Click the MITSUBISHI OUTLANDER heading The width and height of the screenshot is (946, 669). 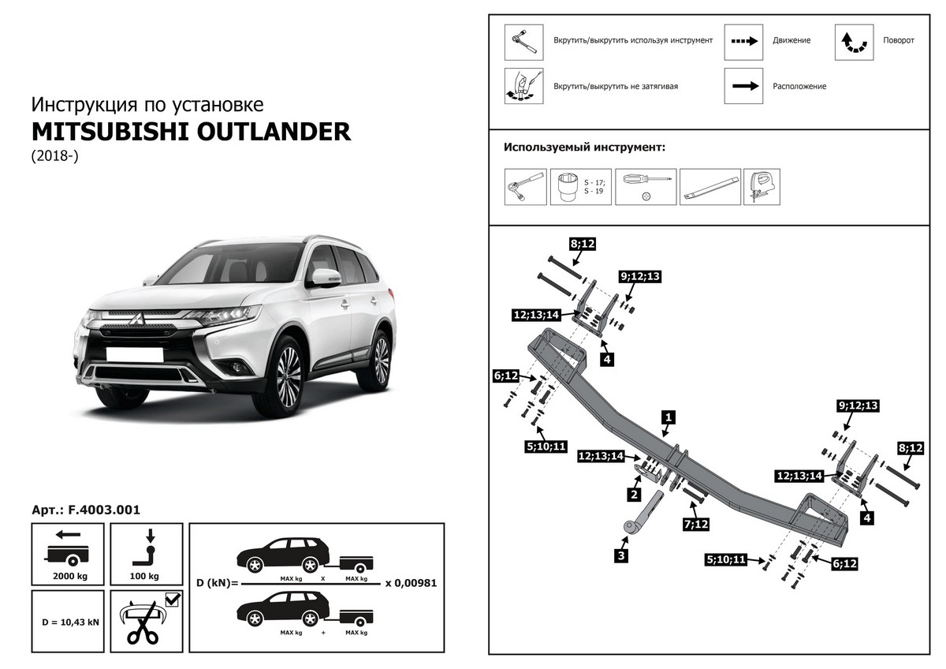(190, 131)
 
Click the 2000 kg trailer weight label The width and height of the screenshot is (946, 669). (69, 577)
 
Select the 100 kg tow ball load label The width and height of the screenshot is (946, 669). (147, 577)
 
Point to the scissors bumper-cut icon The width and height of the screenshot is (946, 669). (142, 622)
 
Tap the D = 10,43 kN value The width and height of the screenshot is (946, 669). (70, 622)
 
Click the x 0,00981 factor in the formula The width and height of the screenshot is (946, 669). (410, 584)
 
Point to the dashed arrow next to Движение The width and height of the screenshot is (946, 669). (744, 40)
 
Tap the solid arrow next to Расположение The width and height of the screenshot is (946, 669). (744, 86)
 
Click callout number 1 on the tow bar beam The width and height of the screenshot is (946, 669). (668, 417)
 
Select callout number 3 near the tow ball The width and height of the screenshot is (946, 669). (622, 555)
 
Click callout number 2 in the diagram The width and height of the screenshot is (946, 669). (632, 495)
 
